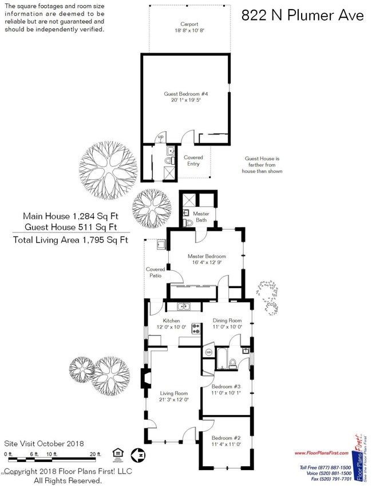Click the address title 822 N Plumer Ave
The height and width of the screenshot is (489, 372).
(x=302, y=15)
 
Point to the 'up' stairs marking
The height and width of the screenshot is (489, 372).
(x=160, y=137)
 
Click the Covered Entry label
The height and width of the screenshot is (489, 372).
(x=193, y=161)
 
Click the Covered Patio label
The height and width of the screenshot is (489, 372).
(x=155, y=272)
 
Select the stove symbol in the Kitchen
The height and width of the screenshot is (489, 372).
(x=196, y=329)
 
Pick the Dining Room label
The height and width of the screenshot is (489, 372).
(x=228, y=321)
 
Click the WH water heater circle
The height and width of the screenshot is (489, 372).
(x=208, y=352)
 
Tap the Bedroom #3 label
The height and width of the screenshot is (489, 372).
(x=227, y=387)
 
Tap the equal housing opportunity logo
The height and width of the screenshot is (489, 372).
(x=118, y=453)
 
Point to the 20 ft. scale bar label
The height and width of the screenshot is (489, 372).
(x=95, y=454)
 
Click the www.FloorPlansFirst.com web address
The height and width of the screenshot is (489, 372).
(x=321, y=453)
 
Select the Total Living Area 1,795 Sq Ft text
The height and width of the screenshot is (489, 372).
(x=70, y=240)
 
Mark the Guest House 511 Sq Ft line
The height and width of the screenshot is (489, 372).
(x=70, y=226)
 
